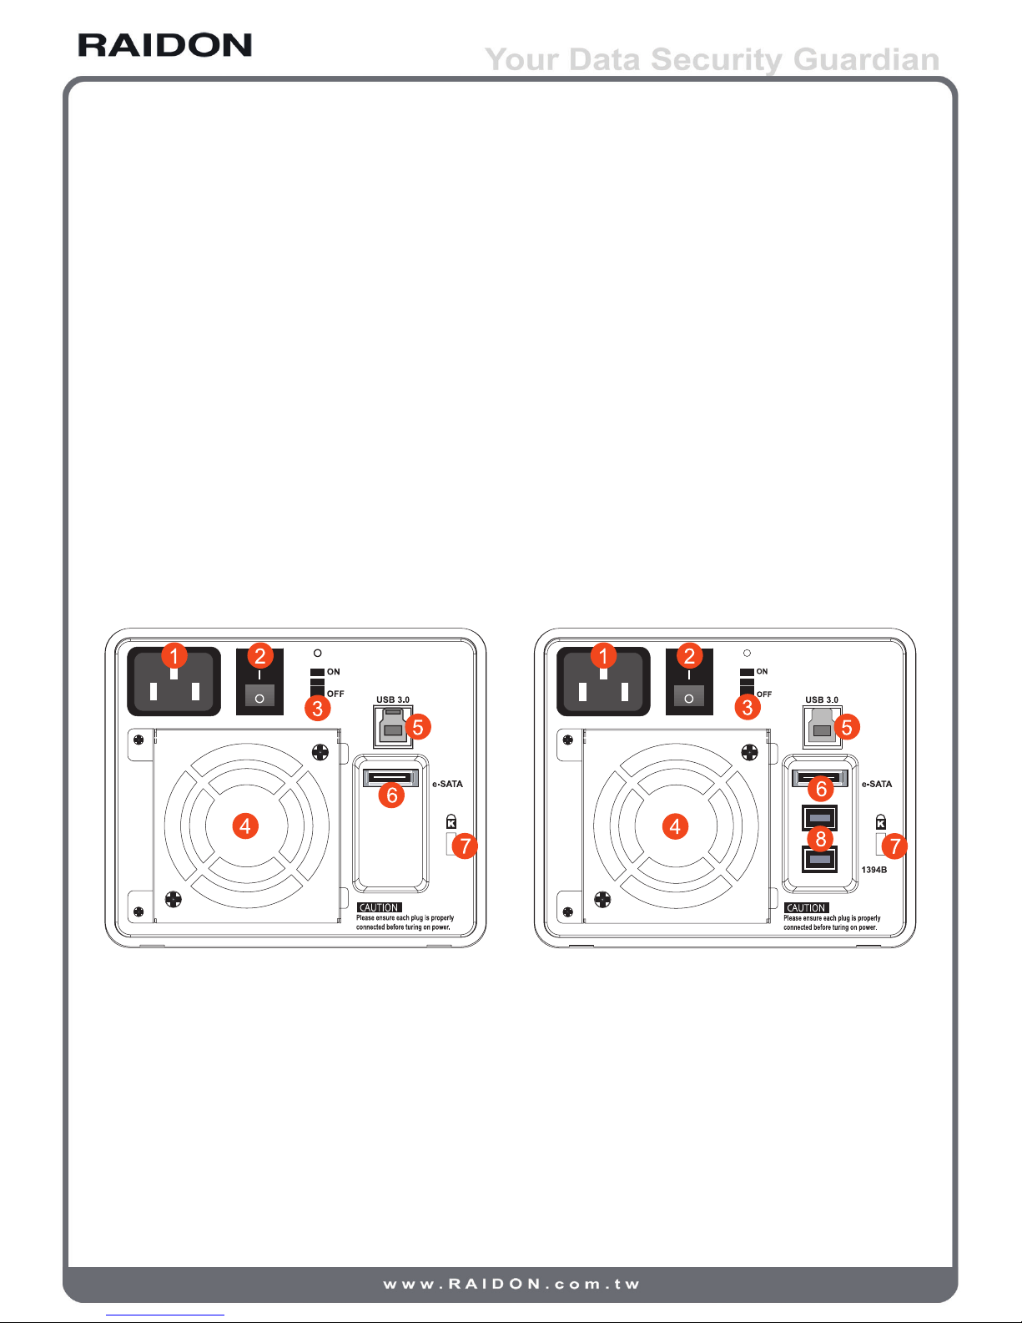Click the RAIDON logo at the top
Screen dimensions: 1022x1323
pos(165,45)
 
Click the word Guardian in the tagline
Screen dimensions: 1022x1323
pos(866,59)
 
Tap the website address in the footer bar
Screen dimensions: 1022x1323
pos(511,1284)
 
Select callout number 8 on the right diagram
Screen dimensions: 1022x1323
pos(820,839)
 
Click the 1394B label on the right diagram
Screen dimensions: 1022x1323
pos(874,870)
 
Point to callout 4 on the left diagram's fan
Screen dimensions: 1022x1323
pos(245,826)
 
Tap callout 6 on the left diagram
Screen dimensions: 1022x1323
pos(392,795)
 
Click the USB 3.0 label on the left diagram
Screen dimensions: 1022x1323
pos(393,699)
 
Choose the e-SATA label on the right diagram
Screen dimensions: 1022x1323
pos(877,784)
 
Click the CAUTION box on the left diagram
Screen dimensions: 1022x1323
pos(379,907)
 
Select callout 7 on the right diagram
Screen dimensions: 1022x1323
pos(894,846)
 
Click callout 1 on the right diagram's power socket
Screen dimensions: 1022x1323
pos(603,656)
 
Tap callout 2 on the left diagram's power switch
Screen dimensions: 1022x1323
pos(260,656)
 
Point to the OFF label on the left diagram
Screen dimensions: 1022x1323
pos(335,694)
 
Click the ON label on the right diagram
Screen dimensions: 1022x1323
pos(762,672)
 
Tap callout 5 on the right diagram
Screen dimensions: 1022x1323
pos(847,727)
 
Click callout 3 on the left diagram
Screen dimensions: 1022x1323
pos(318,708)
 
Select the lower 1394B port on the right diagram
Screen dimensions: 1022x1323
pos(819,860)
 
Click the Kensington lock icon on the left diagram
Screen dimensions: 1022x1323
pos(451,822)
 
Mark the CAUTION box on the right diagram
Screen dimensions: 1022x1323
pos(807,907)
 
